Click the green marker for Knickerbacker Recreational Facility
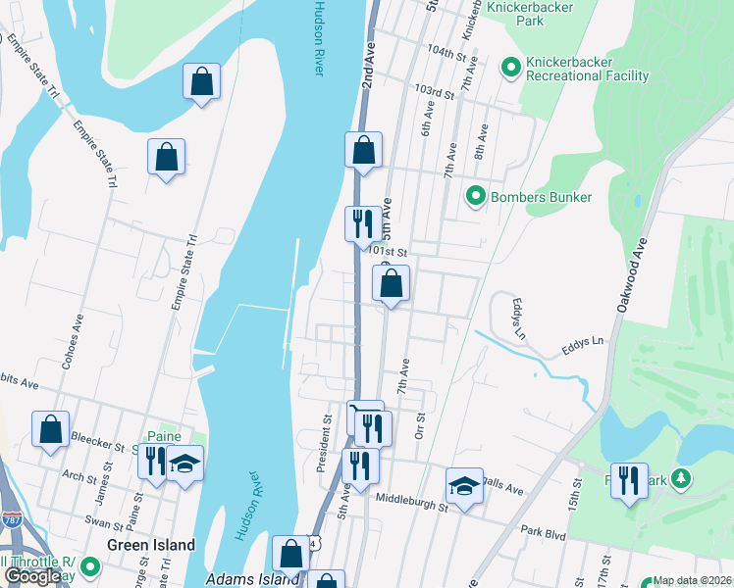[x=510, y=68]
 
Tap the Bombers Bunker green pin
[x=475, y=197]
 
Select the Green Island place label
[x=150, y=545]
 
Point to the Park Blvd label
[x=545, y=530]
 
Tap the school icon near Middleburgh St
[x=464, y=485]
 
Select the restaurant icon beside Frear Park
[x=629, y=480]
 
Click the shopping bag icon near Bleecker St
[x=50, y=429]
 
